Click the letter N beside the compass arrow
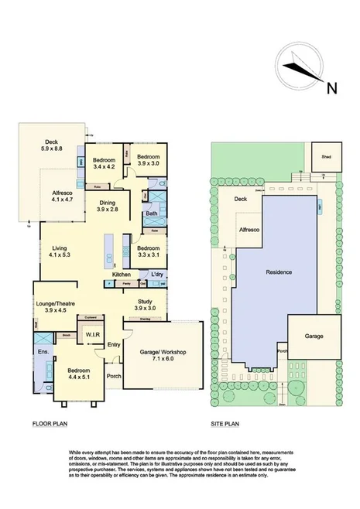331,87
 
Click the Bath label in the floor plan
152,214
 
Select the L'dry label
158,275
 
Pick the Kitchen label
122,275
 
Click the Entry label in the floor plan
114,345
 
